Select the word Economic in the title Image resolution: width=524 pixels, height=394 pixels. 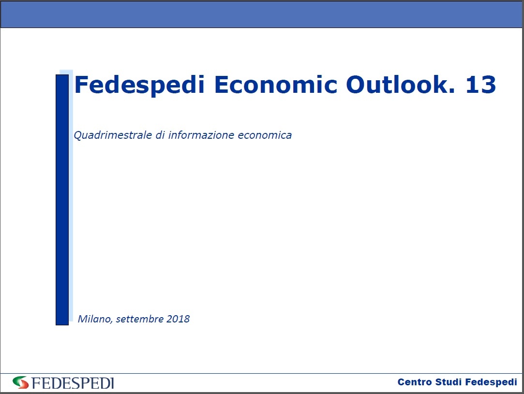[276, 84]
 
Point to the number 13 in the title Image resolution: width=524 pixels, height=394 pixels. [481, 84]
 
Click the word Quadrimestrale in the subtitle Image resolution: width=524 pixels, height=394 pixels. [113, 135]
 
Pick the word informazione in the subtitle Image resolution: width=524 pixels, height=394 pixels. [201, 135]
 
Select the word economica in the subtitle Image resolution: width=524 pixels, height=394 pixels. [265, 135]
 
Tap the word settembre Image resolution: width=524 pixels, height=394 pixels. [140, 319]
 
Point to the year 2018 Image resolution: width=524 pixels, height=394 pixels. [178, 319]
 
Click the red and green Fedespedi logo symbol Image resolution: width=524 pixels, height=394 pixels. [21, 382]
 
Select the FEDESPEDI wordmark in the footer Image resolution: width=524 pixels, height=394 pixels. [73, 383]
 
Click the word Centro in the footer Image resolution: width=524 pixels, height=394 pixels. [415, 382]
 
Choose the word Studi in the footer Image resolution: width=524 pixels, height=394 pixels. [449, 382]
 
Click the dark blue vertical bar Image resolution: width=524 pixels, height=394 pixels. [62, 200]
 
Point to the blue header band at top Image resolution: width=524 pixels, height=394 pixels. [262, 14]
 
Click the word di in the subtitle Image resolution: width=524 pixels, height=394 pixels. [160, 135]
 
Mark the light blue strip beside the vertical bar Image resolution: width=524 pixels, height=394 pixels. [71, 195]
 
